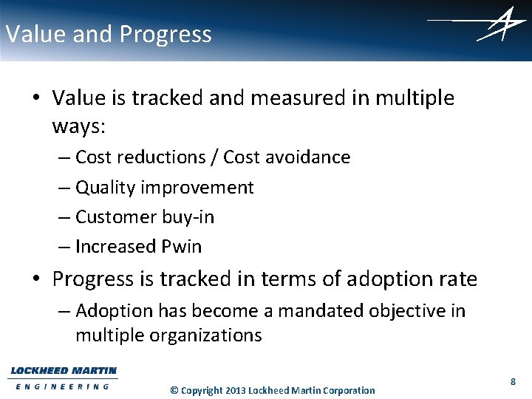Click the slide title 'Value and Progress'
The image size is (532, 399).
tap(108, 34)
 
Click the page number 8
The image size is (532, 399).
tap(512, 381)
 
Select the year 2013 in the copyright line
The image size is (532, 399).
tap(235, 390)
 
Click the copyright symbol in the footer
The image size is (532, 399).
tap(174, 390)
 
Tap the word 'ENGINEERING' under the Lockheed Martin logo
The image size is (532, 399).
tap(63, 386)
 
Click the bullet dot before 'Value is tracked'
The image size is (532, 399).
tap(37, 98)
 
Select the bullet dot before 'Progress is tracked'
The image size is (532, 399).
tap(37, 280)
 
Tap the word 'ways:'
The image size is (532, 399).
tap(79, 126)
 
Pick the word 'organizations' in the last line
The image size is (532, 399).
tap(207, 335)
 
